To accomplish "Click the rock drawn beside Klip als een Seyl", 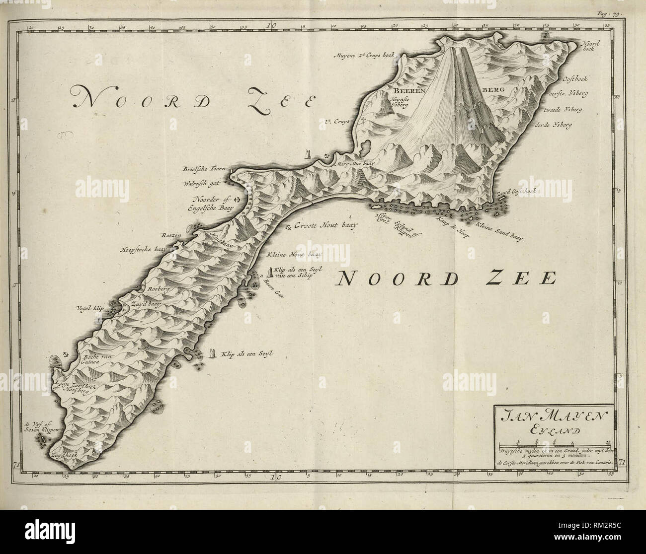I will pyautogui.click(x=213, y=352).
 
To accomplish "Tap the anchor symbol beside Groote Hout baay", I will pyautogui.click(x=288, y=227).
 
